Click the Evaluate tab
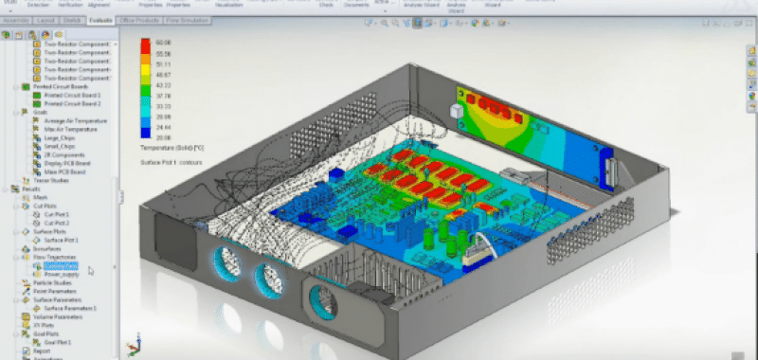[x=99, y=19]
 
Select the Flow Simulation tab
[x=188, y=19]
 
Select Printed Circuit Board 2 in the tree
[x=73, y=103]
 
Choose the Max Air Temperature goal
[x=66, y=129]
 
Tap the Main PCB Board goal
[x=63, y=171]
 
